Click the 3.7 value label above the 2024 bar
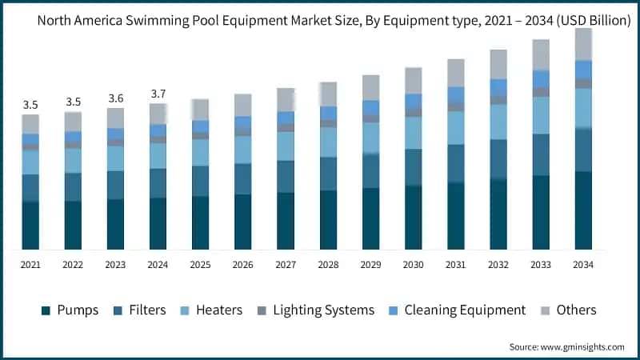[x=158, y=94]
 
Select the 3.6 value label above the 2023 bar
[x=116, y=98]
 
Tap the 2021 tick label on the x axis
[x=30, y=265]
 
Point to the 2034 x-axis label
[x=583, y=265]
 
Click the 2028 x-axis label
[x=328, y=265]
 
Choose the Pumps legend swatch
[x=46, y=310]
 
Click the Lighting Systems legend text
[x=324, y=310]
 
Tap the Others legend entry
[x=569, y=310]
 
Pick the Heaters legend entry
[x=211, y=310]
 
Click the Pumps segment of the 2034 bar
[x=583, y=210]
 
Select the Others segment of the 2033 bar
[x=541, y=54]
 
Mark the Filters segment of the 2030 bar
[x=414, y=167]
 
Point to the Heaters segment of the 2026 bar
[x=243, y=150]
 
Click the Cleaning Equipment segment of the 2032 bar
[x=498, y=87]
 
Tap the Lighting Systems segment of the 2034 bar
[x=583, y=84]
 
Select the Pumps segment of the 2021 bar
[x=30, y=226]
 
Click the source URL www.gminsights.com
[x=582, y=347]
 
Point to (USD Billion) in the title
[x=594, y=21]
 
